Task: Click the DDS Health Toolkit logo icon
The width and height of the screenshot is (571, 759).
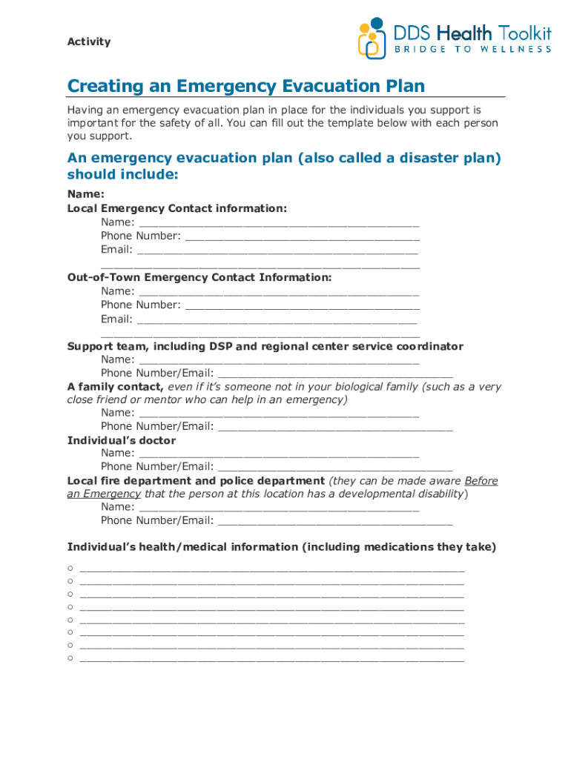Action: pos(372,39)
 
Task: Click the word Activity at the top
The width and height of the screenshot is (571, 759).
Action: pos(89,42)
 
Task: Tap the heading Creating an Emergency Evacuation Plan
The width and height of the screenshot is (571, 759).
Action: pos(245,87)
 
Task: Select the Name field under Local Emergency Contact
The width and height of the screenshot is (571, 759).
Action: pos(279,222)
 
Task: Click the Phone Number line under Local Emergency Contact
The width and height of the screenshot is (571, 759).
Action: pos(303,236)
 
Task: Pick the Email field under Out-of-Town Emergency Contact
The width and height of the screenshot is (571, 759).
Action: pos(278,319)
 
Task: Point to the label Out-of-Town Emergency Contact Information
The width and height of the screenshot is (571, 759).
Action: pos(199,277)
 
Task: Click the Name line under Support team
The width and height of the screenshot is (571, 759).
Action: pos(279,360)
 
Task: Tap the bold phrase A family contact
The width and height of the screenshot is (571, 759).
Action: pos(115,387)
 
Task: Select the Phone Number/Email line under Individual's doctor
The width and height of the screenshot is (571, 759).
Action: pos(335,467)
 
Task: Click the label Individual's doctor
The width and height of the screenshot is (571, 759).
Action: pos(122,440)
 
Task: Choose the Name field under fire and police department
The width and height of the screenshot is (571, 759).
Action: pos(279,508)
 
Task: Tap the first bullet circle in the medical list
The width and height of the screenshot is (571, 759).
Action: pos(70,569)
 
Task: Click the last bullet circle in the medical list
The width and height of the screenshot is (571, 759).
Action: pos(70,657)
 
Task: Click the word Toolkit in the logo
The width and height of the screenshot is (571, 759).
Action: pos(525,33)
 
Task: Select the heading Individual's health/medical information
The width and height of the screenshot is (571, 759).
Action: pos(281,547)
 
